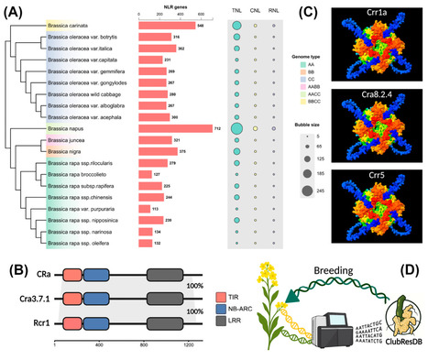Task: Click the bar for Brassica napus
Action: [x=175, y=129]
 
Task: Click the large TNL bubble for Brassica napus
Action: [x=237, y=129]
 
